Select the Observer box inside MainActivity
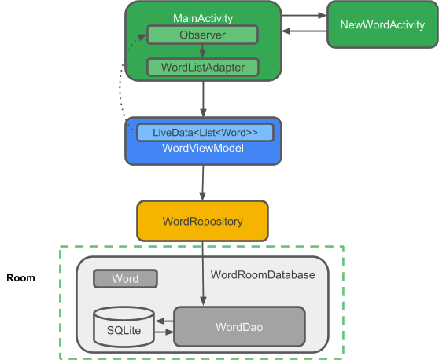tap(202, 35)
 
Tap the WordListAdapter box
tap(202, 67)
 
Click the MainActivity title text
tap(202, 17)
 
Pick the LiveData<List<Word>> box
tap(205, 132)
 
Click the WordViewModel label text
tap(202, 149)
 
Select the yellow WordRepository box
tap(203, 221)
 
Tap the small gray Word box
tap(125, 279)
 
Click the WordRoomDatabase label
tap(263, 275)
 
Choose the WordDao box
tap(239, 325)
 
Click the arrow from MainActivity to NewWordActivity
tap(304, 14)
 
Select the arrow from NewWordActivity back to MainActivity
tap(304, 31)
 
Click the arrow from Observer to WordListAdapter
tap(202, 51)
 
